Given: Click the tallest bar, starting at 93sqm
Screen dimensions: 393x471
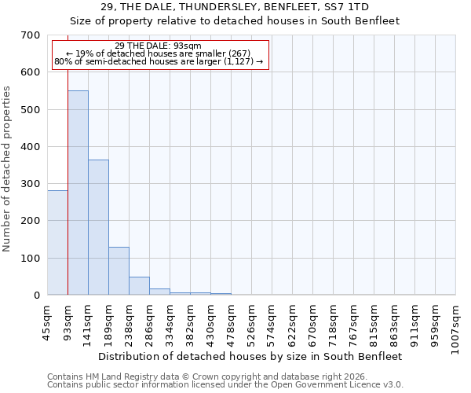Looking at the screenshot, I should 78,193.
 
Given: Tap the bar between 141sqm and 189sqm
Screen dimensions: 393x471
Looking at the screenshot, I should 98,227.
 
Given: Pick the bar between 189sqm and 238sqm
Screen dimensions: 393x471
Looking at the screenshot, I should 119,270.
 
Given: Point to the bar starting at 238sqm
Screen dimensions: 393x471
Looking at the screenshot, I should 139,285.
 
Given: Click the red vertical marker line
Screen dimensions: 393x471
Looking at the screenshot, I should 68,181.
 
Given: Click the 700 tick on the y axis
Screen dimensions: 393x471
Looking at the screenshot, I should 31,35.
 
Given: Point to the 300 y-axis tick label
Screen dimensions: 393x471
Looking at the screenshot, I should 31,184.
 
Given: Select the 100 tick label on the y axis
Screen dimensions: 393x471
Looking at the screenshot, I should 31,258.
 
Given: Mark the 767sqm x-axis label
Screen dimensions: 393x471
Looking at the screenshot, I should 354,322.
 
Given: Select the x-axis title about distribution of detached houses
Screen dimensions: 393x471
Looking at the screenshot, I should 251,356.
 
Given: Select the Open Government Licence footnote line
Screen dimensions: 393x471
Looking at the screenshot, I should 225,384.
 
